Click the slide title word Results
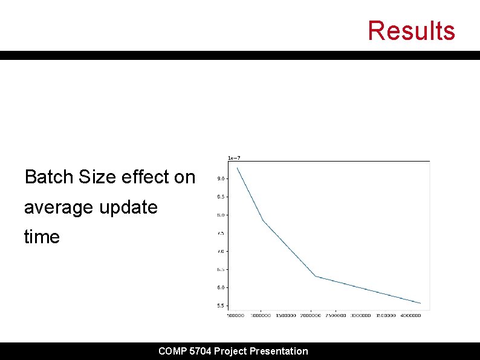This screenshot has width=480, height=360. pyautogui.click(x=411, y=30)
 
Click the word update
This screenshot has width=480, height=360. pyautogui.click(x=128, y=208)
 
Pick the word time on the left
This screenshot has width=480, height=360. pyautogui.click(x=42, y=237)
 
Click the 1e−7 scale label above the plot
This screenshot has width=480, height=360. pyautogui.click(x=233, y=158)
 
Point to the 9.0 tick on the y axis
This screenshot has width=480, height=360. pyautogui.click(x=221, y=178)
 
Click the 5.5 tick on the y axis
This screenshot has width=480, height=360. pyautogui.click(x=221, y=306)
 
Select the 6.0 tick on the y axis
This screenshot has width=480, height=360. pyautogui.click(x=221, y=287)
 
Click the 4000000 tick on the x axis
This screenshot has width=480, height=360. pyautogui.click(x=411, y=315)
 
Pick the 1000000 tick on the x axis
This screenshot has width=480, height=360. pyautogui.click(x=261, y=315)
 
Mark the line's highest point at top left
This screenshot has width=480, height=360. pyautogui.click(x=237, y=168)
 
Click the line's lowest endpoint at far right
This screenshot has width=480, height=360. pyautogui.click(x=420, y=303)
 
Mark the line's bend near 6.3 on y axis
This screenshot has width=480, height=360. pyautogui.click(x=316, y=277)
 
